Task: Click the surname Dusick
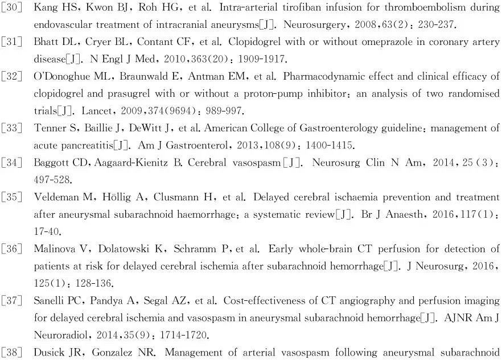pos(50,352)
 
